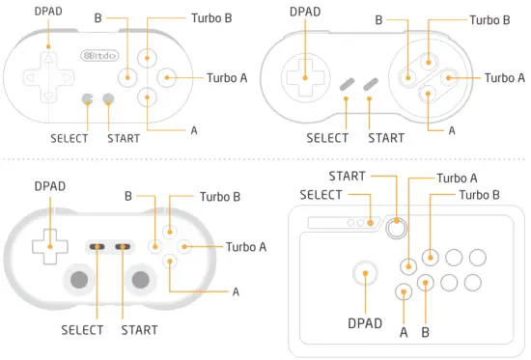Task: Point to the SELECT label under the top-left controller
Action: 70,138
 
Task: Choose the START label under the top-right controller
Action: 386,138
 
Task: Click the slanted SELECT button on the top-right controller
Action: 347,86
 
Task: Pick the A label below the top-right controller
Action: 451,129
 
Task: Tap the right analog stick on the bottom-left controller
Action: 141,279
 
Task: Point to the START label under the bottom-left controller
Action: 139,330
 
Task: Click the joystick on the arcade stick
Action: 366,274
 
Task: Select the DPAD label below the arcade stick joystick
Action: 365,322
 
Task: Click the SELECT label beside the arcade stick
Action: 321,195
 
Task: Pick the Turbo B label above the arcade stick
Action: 479,195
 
